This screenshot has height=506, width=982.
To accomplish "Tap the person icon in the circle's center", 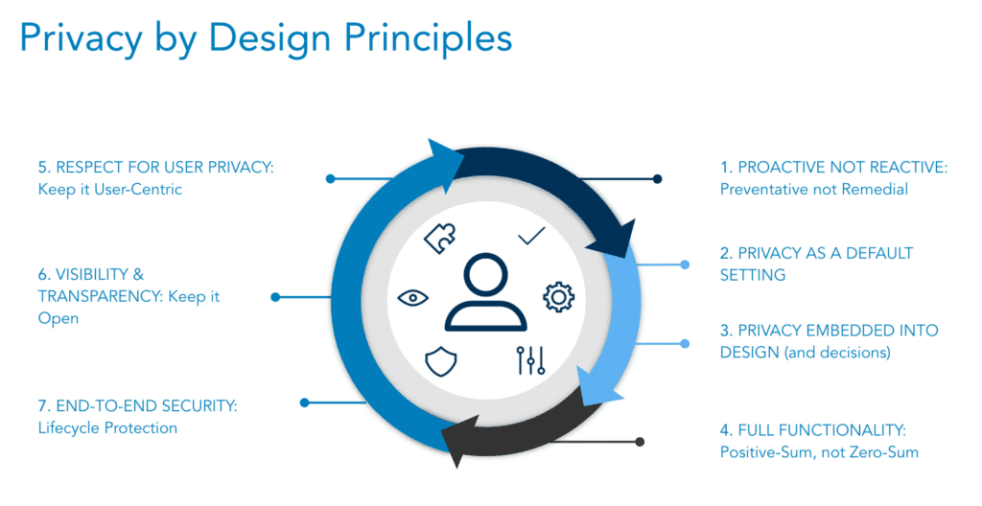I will (x=485, y=292).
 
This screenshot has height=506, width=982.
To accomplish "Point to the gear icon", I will (x=557, y=296).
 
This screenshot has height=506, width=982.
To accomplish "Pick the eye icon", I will (x=413, y=297).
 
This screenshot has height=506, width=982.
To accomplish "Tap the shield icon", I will (x=441, y=360).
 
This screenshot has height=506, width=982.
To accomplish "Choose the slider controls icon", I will (x=530, y=358).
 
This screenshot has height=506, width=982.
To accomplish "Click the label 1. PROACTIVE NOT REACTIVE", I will (x=833, y=167).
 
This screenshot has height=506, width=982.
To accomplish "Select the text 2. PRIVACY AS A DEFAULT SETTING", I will (x=816, y=264).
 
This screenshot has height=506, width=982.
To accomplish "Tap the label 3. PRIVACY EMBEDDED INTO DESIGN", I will (x=829, y=341).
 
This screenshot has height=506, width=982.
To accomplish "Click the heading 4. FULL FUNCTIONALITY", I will (x=812, y=428).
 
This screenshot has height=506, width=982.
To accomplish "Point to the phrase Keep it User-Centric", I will (x=110, y=189).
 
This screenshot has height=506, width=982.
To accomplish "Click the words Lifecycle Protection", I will (x=107, y=428).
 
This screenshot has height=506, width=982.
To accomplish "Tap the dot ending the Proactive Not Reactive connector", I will (x=657, y=178).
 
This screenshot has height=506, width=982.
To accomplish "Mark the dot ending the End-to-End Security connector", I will (x=304, y=402).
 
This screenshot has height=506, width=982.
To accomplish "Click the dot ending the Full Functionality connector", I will (x=641, y=442).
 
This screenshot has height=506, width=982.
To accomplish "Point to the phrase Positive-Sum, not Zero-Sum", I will (x=819, y=451).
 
